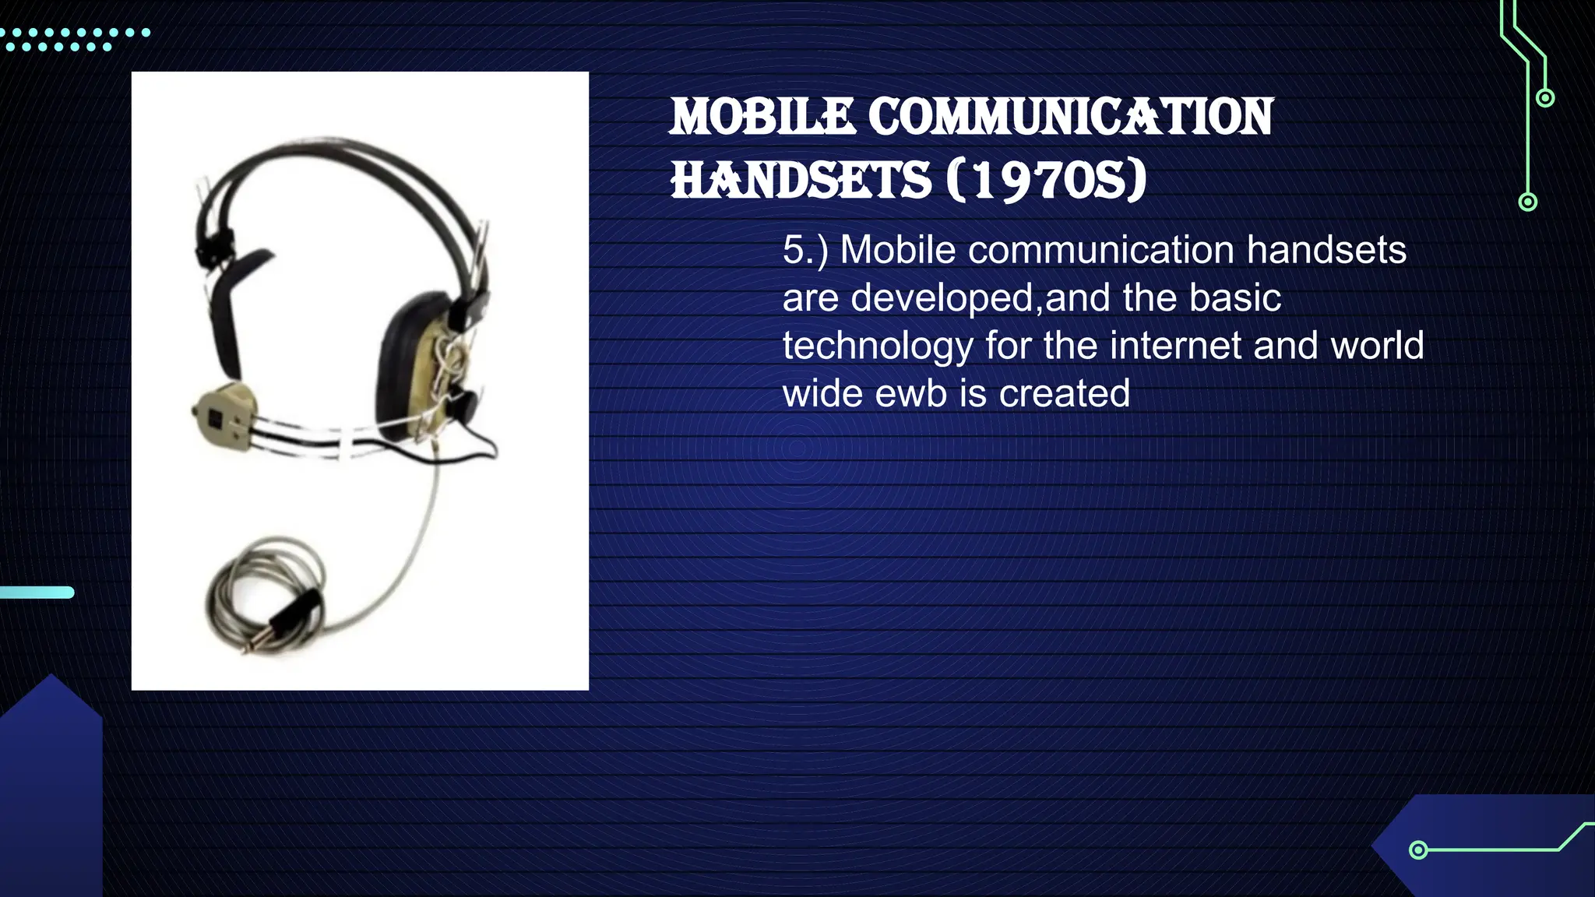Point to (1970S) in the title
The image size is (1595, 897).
tap(1047, 180)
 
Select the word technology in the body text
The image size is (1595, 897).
tap(878, 346)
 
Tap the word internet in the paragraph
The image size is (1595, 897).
tap(1143, 346)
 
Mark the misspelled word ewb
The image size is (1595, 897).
tap(915, 393)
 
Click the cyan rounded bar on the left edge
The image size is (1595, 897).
tap(37, 593)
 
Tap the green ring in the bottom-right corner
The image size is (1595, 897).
tap(1418, 850)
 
